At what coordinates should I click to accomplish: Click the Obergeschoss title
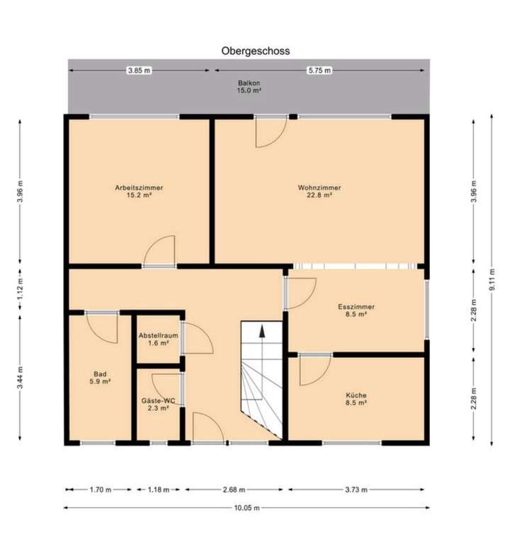coord(255,51)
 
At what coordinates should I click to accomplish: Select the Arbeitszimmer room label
coord(139,191)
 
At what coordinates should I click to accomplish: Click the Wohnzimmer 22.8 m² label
coord(319,191)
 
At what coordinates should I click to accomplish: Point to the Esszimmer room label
coord(356,310)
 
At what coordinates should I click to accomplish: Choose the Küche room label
coord(356,398)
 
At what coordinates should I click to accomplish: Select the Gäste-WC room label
coord(158,404)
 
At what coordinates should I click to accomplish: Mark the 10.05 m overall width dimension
coord(245,507)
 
